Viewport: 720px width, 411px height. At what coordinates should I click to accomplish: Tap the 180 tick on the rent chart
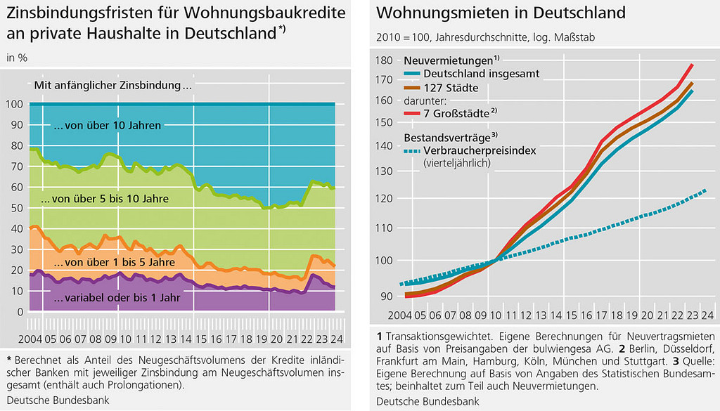pos(385,61)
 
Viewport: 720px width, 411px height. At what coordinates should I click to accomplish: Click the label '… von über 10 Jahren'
pos(107,126)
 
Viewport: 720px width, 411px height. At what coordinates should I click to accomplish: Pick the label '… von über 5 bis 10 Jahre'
pos(105,200)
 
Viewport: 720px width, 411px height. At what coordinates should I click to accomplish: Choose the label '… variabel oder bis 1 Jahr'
pos(117,297)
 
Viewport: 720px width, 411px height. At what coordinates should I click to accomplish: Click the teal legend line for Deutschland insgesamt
pos(412,72)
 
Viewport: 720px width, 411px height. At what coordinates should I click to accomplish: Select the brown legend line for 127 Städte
pos(412,88)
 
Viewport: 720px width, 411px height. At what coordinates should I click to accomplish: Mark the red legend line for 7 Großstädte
pos(412,112)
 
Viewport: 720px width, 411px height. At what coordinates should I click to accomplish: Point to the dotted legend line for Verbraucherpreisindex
pos(412,150)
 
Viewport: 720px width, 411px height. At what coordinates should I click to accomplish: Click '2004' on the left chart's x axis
pos(17,339)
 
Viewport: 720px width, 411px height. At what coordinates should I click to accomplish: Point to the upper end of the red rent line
pos(692,65)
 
